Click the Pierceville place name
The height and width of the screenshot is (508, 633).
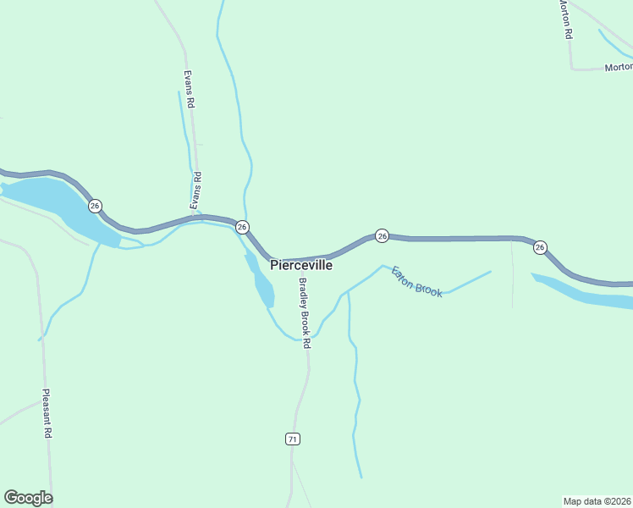pos(301,265)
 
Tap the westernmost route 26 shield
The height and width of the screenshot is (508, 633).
pos(95,206)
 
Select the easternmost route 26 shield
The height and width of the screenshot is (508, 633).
pos(540,247)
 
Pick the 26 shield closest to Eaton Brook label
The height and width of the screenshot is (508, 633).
pos(382,236)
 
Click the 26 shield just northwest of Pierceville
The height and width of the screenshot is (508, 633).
pos(242,227)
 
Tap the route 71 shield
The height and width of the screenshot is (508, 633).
pos(292,439)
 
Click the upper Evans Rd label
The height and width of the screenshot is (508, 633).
pos(190,88)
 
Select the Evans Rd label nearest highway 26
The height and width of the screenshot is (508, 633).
pos(195,190)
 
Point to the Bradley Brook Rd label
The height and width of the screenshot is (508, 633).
pos(305,313)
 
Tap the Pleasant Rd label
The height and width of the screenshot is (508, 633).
pos(47,414)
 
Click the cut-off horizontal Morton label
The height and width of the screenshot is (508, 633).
pos(618,67)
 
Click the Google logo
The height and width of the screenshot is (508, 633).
pos(28,498)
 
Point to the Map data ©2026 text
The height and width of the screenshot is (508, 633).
pos(597,500)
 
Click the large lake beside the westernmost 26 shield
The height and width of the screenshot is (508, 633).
pos(51,200)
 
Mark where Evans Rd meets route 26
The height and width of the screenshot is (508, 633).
pos(201,217)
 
